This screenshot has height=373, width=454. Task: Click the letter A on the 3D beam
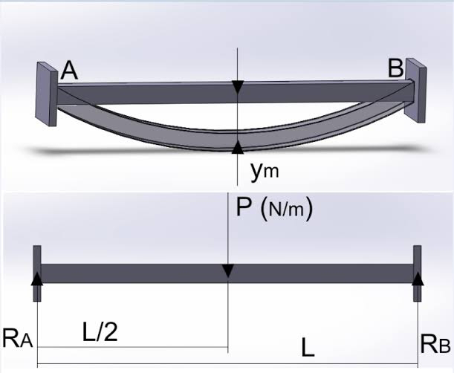[70, 70]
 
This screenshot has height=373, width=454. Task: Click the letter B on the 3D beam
[396, 69]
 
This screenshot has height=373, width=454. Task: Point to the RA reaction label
[18, 340]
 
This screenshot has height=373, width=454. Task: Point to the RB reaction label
[434, 343]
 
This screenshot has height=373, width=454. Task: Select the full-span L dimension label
[307, 346]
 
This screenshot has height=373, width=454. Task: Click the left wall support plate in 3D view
[46, 92]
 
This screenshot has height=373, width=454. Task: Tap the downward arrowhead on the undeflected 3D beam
[237, 88]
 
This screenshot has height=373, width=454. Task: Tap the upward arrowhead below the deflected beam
[237, 146]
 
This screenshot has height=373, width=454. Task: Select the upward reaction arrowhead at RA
[36, 278]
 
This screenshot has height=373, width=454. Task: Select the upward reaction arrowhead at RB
[418, 278]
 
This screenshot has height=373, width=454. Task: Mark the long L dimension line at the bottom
[227, 365]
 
